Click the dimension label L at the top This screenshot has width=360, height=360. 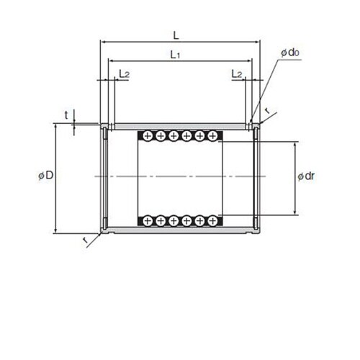(176, 36)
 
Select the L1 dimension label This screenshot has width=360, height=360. (175, 55)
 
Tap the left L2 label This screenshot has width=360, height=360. (125, 74)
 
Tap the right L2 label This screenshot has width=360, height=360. (237, 74)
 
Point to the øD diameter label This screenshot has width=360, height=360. (46, 176)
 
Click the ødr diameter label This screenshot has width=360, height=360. (306, 176)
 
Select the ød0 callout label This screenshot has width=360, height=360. (290, 53)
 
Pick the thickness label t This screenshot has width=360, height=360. (66, 115)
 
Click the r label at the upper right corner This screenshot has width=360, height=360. (266, 111)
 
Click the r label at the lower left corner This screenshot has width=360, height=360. (85, 240)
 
